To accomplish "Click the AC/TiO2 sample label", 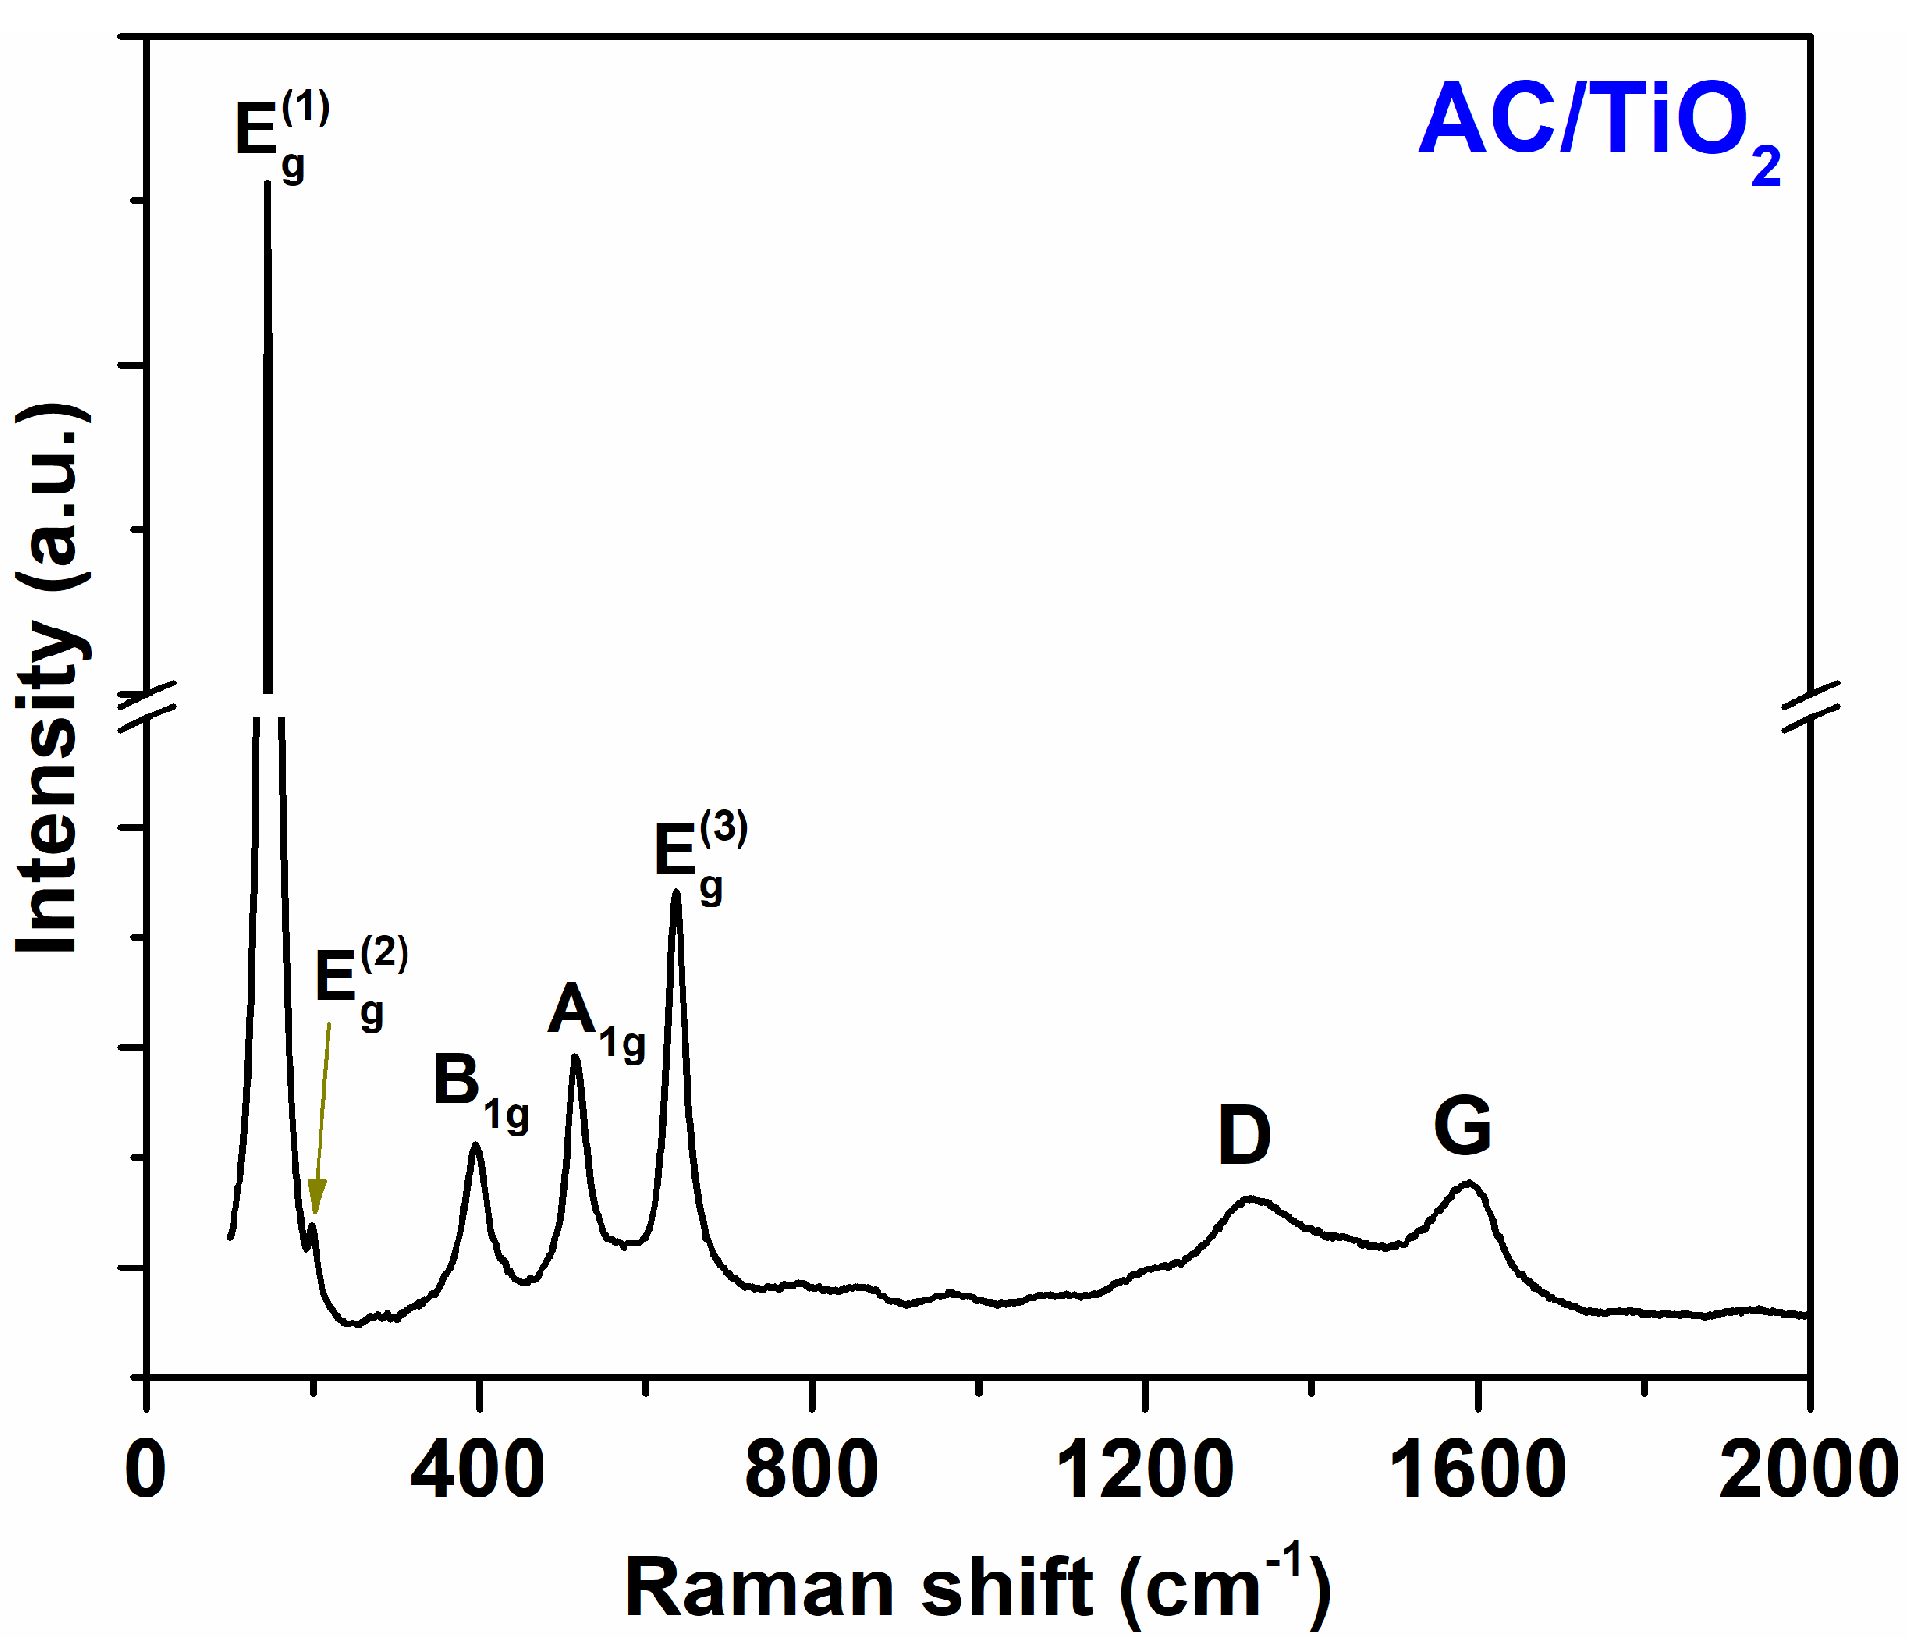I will click(1598, 126).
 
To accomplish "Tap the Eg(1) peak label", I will click(281, 133).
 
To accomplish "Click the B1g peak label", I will click(480, 1091).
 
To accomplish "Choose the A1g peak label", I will click(595, 1021).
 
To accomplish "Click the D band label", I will click(1243, 1135).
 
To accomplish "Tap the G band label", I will click(1462, 1126).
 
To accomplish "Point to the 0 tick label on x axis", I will click(146, 1469).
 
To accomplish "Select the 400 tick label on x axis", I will click(477, 1469).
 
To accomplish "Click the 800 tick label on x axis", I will click(811, 1469).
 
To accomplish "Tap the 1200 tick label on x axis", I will click(1144, 1469).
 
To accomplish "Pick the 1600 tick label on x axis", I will click(1476, 1469).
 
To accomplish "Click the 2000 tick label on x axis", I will click(1808, 1469).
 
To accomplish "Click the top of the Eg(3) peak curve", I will click(676, 894).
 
